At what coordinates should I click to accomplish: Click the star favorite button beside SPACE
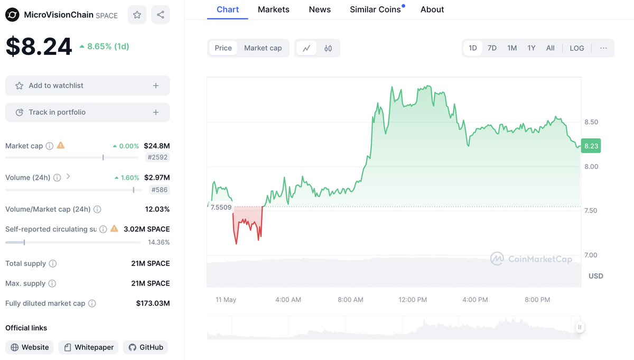(137, 15)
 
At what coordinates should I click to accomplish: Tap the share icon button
(161, 15)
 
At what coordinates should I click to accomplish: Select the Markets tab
(273, 10)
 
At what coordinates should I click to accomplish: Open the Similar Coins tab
(375, 10)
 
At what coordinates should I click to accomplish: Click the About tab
(432, 10)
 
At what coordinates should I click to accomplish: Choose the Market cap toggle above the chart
(263, 48)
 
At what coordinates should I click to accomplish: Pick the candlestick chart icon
(328, 48)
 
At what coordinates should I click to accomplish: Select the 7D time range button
(492, 48)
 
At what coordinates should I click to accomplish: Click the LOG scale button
(576, 48)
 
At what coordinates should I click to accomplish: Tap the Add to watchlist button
(88, 86)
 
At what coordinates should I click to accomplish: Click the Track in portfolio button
(88, 112)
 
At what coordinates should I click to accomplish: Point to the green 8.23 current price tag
(591, 146)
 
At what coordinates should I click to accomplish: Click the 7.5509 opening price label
(221, 207)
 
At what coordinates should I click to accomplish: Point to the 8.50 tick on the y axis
(591, 122)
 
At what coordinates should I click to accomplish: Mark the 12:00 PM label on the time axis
(413, 300)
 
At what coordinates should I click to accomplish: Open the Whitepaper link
(88, 347)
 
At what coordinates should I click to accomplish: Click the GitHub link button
(146, 347)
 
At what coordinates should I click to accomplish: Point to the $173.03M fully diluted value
(153, 303)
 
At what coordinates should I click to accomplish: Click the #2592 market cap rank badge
(157, 157)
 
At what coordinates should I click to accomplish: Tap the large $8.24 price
(39, 47)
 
